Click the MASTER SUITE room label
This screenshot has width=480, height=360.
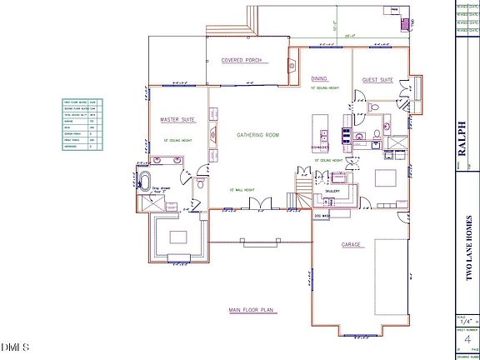(x=177, y=120)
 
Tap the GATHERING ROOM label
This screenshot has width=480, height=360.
(x=257, y=134)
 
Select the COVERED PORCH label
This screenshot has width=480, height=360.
(x=241, y=60)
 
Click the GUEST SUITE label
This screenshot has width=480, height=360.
(x=377, y=80)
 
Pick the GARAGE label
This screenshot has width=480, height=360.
(x=351, y=245)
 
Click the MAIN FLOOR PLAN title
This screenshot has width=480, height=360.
(x=252, y=310)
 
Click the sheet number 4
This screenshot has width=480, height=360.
(x=466, y=339)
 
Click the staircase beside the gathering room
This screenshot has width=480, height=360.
(x=304, y=185)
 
